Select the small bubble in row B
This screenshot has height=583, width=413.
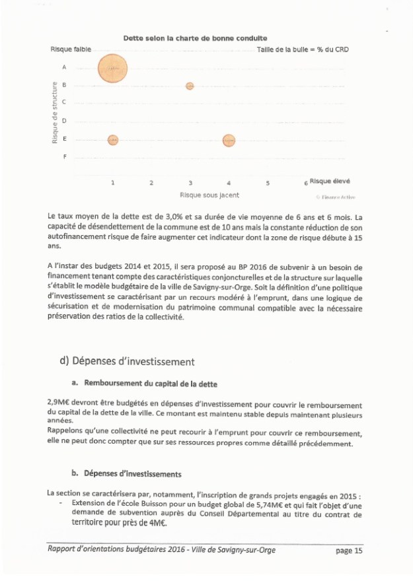190,86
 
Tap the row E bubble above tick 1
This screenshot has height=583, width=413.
113,139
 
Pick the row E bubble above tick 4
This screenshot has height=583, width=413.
229,140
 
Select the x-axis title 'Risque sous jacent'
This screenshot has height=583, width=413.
209,195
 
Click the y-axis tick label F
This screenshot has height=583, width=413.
64,157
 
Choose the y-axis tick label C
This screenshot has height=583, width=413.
64,102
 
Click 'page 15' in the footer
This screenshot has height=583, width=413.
349,550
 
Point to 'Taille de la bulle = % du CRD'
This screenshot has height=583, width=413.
303,50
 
